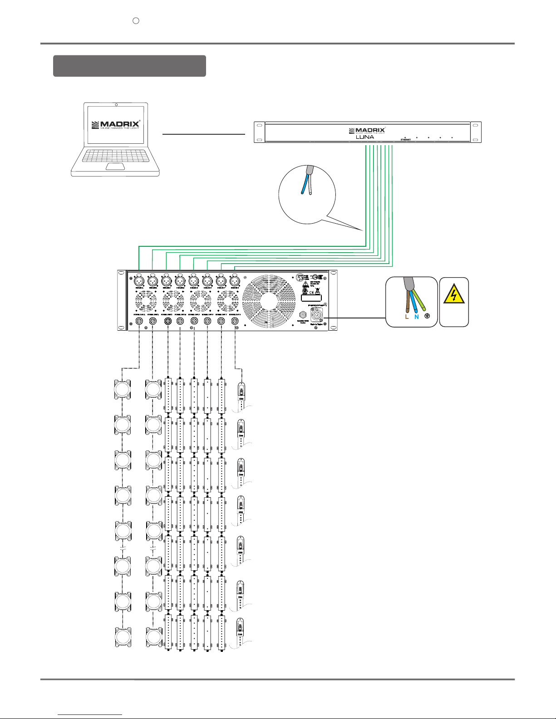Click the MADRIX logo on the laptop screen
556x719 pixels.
click(116, 124)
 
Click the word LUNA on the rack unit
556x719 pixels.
click(365, 137)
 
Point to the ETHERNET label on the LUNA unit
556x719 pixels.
click(405, 140)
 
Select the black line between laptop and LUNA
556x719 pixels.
click(203, 134)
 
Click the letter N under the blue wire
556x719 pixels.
click(416, 318)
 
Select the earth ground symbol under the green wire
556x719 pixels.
click(427, 317)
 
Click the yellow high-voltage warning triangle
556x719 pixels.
click(454, 295)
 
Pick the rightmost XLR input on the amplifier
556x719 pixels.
click(234, 280)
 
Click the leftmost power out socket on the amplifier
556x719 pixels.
click(139, 321)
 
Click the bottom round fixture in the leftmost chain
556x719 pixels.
click(123, 637)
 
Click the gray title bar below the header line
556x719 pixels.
click(129, 66)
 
